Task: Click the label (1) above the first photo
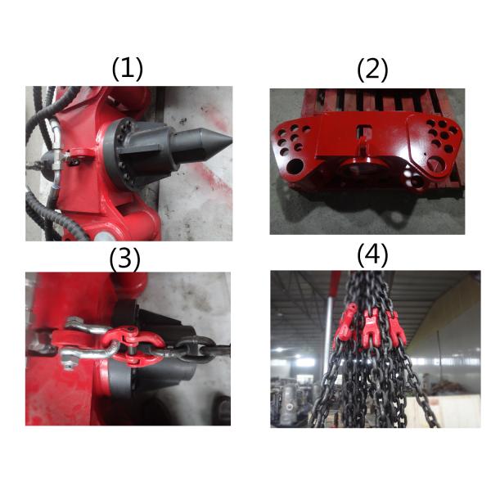(x=127, y=69)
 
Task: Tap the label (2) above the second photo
(x=372, y=70)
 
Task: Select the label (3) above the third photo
(x=125, y=259)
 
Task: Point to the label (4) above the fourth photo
(x=372, y=256)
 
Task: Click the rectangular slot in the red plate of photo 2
(x=364, y=131)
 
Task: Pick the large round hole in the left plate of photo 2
(x=295, y=165)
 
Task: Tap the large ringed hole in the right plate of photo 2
(x=437, y=164)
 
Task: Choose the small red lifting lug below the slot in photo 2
(x=363, y=147)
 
